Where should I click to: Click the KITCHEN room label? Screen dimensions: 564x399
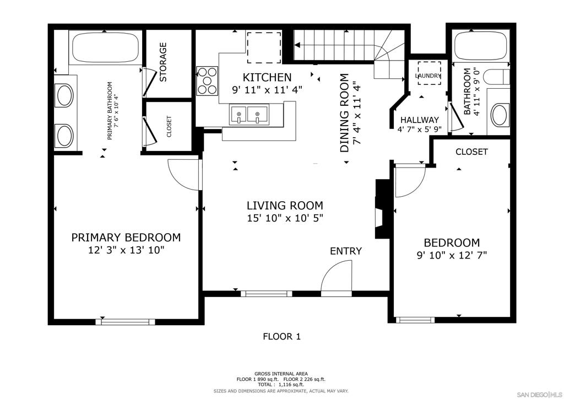[x=267, y=77]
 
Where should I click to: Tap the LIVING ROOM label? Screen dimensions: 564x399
[x=285, y=206]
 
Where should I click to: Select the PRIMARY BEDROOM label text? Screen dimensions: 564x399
[x=126, y=238]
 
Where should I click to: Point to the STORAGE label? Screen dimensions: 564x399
[x=163, y=62]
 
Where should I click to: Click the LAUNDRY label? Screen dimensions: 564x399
[x=428, y=76]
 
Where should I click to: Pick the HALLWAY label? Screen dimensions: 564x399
[x=420, y=120]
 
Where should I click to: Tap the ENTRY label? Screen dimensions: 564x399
[x=346, y=251]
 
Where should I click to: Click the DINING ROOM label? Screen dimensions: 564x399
[x=345, y=112]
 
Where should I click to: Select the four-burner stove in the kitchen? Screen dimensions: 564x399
[x=207, y=81]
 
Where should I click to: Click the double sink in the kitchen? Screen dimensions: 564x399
[x=249, y=115]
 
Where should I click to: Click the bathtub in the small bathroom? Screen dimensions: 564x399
[x=480, y=46]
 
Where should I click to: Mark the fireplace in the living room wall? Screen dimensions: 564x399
[x=383, y=209]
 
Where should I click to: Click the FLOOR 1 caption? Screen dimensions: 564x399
[x=281, y=337]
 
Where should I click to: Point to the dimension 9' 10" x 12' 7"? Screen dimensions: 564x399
[x=452, y=255]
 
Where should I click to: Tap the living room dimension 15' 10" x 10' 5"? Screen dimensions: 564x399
[x=285, y=218]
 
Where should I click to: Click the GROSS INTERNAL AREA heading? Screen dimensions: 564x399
[x=281, y=374]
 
